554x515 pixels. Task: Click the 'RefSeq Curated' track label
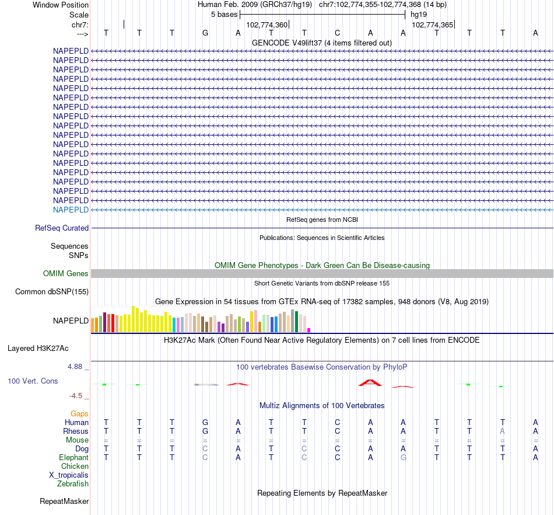[62, 228]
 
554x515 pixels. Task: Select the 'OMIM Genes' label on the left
[66, 273]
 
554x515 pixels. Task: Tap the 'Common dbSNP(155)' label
[52, 291]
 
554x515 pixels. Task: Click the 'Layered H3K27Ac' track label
[38, 349]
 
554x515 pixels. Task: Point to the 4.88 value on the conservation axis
[77, 367]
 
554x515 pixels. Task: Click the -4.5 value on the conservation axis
[78, 395]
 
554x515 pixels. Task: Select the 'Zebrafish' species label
[73, 483]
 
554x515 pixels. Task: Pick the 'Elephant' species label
[73, 458]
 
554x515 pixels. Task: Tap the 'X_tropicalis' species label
[69, 475]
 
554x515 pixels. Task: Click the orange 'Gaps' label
[79, 413]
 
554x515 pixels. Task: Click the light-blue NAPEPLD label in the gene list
[71, 210]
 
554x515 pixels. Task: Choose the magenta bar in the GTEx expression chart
[308, 330]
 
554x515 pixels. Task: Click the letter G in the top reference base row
[205, 33]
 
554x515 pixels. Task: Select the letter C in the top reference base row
[337, 33]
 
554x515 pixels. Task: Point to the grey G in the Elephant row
[403, 458]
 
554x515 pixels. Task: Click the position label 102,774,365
[432, 25]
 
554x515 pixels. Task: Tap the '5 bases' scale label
[224, 14]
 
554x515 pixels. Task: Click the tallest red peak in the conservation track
[370, 382]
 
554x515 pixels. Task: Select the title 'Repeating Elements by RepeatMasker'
[322, 493]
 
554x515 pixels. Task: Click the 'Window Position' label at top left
[61, 5]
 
